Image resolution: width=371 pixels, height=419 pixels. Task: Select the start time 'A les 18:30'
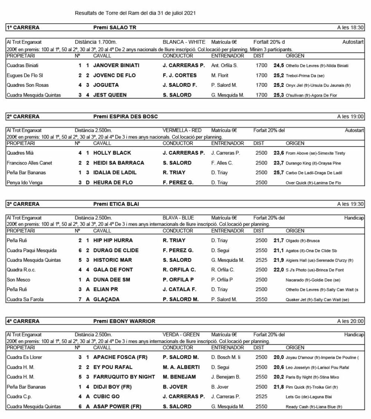coord(351,28)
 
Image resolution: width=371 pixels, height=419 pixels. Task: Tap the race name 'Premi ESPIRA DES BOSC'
coord(125,117)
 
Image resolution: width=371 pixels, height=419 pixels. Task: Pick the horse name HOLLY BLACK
coord(112,153)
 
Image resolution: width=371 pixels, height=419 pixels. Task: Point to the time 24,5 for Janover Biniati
coord(279,65)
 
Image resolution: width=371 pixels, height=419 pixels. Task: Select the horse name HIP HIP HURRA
coord(113,241)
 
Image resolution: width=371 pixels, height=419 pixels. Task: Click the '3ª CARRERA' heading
coord(23,204)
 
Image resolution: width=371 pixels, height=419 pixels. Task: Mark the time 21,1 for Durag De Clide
coord(279,250)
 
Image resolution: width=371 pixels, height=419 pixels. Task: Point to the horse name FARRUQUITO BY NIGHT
coord(124,377)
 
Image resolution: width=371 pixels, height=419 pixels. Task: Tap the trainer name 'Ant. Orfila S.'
coord(224,65)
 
